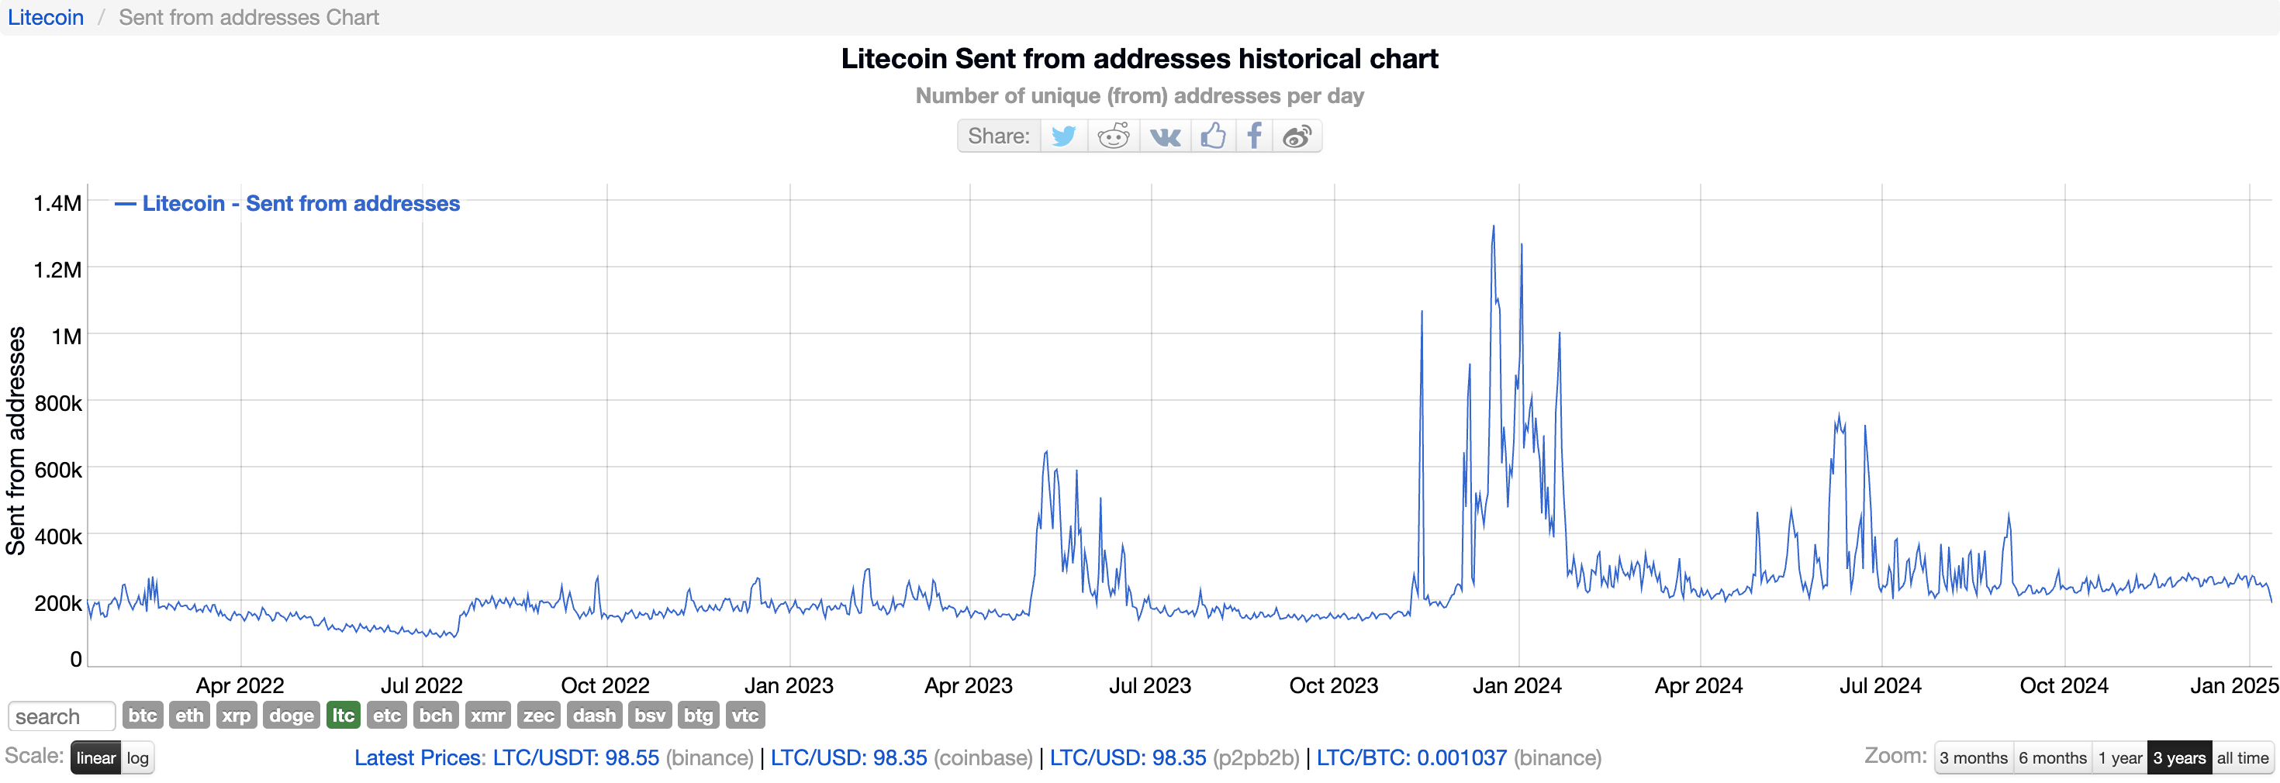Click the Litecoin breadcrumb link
[46, 18]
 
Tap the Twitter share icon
[1063, 136]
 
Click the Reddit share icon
[1114, 136]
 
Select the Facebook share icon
[1254, 136]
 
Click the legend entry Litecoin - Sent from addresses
[301, 203]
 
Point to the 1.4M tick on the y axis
[57, 203]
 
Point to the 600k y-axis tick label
[57, 470]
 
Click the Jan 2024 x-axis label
[1517, 685]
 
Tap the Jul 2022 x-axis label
[421, 685]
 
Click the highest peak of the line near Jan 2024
[1493, 226]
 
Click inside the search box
[61, 716]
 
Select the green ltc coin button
[344, 715]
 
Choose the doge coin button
[291, 715]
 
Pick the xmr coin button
[488, 715]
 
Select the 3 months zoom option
[1973, 758]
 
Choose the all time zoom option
[2242, 758]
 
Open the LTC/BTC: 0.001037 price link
[1411, 758]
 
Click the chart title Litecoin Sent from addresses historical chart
[1139, 58]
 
